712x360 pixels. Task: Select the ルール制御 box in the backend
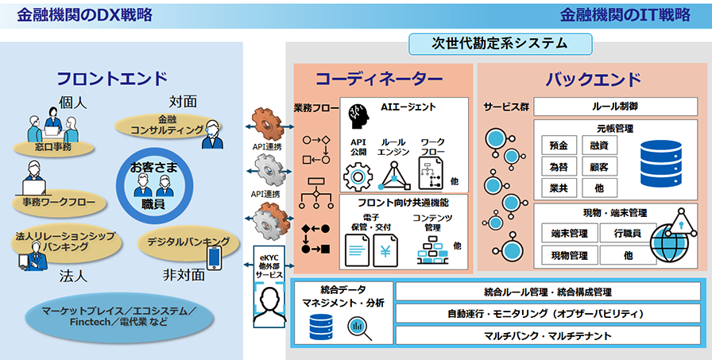(x=615, y=106)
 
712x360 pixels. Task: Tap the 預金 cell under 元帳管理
(x=559, y=145)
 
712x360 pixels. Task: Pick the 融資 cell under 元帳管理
(x=599, y=145)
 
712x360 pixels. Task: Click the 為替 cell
(x=559, y=167)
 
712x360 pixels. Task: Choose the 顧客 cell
(x=599, y=167)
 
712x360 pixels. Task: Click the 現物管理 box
(x=568, y=255)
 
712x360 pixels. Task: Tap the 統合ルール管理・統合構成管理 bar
(x=548, y=292)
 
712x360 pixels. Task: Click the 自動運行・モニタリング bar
(x=548, y=313)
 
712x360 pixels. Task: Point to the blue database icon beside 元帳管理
(x=657, y=157)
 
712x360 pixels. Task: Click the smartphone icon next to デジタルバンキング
(x=214, y=257)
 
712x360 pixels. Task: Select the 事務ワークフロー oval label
(x=60, y=202)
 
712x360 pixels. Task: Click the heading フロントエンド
(x=111, y=78)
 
